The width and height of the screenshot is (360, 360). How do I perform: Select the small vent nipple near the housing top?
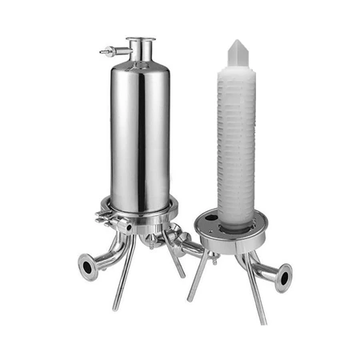(105, 52)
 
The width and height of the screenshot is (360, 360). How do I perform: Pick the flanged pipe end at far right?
(284, 277)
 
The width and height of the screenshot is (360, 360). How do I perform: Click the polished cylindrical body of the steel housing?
(140, 136)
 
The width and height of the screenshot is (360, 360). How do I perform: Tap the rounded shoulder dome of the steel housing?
(140, 66)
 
